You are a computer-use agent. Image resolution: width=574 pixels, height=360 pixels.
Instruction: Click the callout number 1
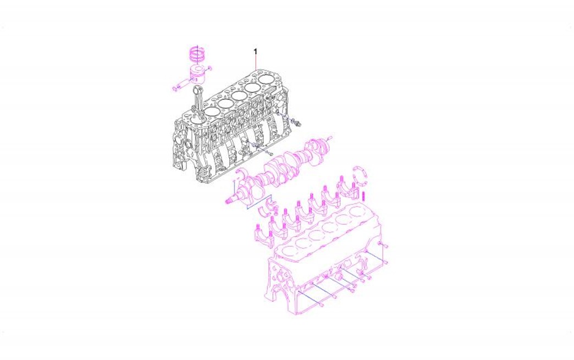point(256,52)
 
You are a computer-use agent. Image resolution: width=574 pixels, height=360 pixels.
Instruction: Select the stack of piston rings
point(198,55)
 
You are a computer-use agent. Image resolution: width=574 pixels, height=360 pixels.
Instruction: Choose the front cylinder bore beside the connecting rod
point(211,112)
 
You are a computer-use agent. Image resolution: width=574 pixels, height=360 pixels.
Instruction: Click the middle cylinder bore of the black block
point(238,96)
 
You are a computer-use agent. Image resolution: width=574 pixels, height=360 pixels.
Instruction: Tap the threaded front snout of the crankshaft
point(230,200)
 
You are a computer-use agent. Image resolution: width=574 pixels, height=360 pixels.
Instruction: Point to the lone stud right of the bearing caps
point(365,196)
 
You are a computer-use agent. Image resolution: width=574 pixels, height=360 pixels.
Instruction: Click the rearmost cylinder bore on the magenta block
point(356,212)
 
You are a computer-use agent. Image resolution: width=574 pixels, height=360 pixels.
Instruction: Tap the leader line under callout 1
point(256,63)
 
